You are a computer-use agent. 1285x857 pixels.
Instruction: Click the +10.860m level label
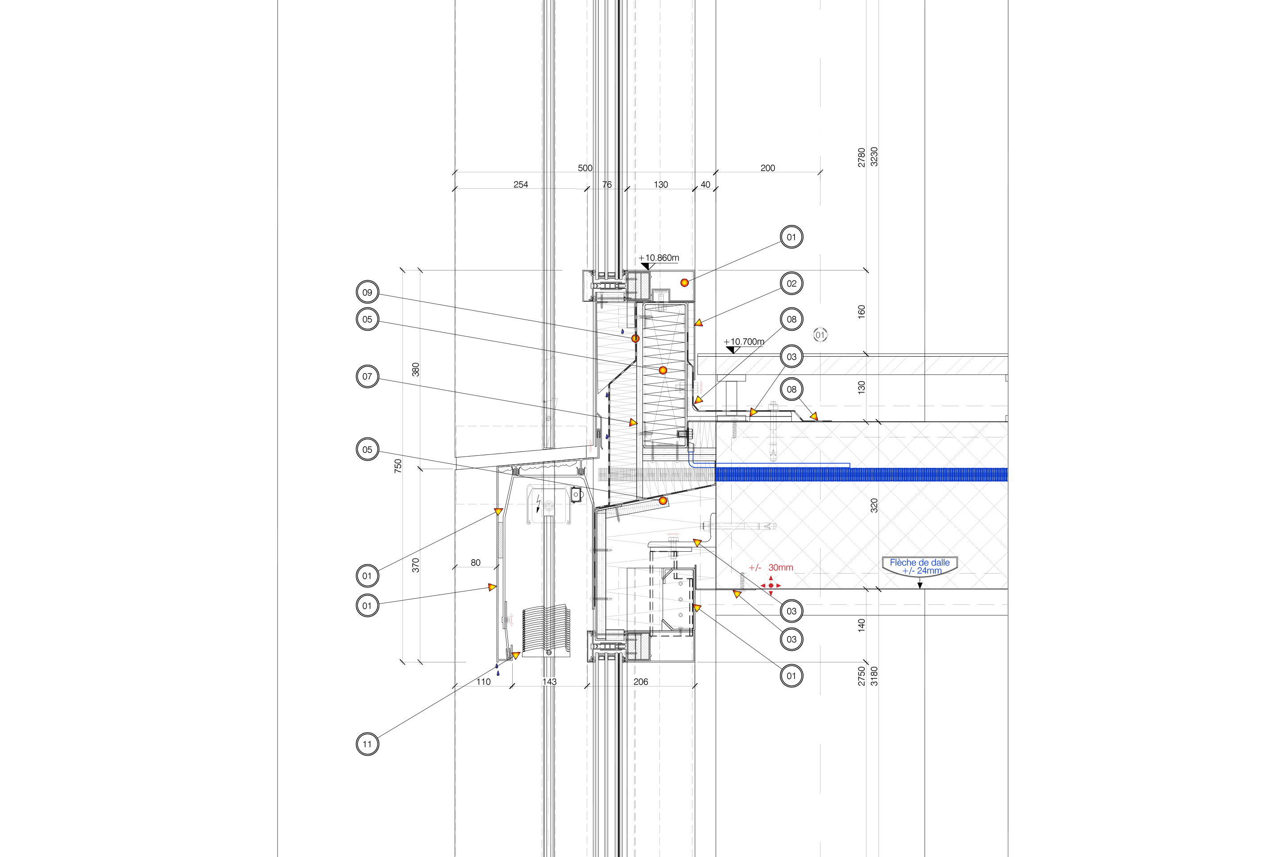pos(659,258)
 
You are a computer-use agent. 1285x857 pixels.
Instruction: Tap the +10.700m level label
pos(744,342)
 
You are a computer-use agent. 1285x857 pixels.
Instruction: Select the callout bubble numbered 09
pos(367,292)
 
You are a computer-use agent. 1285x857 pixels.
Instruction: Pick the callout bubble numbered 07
pos(367,377)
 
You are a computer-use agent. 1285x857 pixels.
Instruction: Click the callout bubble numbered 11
pos(367,744)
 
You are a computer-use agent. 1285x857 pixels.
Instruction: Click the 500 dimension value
pos(585,168)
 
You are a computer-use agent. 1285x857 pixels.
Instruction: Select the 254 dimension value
pos(521,185)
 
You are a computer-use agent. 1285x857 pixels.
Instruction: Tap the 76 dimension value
pos(607,185)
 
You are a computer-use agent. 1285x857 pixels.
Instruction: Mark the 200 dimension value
pos(767,168)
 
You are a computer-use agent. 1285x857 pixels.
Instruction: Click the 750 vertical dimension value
pos(398,466)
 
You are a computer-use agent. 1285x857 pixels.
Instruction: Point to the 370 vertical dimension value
pos(416,565)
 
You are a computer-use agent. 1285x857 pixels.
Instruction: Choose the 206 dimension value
pos(641,682)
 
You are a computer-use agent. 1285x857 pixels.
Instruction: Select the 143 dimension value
pos(550,682)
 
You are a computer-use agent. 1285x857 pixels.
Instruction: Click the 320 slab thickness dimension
pos(874,506)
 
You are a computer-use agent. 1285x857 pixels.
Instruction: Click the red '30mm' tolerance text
pos(781,568)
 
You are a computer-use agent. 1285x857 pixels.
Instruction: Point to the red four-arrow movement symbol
pos(771,585)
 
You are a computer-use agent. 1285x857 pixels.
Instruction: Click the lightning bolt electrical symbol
pos(539,503)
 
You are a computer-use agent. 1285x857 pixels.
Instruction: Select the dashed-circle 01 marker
pos(820,335)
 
